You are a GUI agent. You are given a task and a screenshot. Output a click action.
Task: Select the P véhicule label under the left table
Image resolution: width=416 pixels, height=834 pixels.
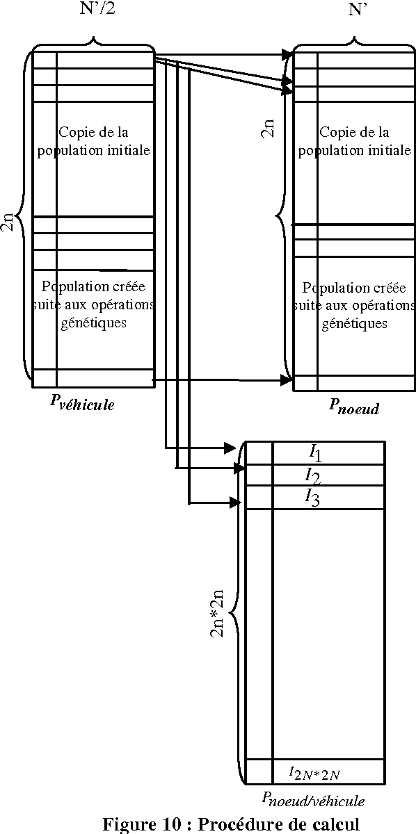click(x=82, y=404)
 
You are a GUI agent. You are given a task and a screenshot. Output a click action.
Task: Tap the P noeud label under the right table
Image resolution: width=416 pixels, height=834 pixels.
click(x=354, y=407)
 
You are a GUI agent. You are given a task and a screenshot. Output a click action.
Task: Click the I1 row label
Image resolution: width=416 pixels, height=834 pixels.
click(x=315, y=452)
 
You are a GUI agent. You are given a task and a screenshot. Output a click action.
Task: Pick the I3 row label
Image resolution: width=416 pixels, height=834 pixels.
click(x=312, y=497)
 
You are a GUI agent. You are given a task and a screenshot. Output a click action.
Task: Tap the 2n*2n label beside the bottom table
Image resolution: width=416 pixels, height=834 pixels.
click(x=217, y=615)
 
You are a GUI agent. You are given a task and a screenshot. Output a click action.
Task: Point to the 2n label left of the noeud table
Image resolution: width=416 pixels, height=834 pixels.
click(x=268, y=127)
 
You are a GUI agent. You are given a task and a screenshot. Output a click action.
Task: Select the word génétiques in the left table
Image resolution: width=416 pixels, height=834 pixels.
click(x=93, y=322)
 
